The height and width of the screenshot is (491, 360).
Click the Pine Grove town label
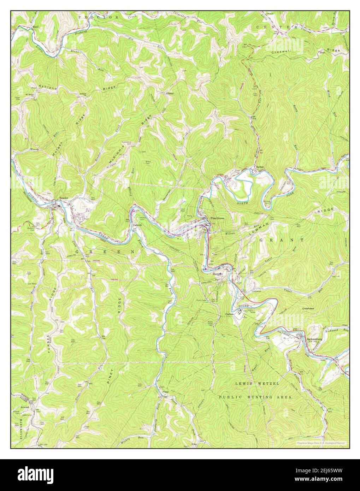tap(217, 218)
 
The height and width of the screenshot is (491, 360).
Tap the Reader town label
tap(63, 198)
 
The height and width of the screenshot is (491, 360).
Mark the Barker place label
tap(260, 167)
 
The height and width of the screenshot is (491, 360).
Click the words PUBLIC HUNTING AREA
tap(255, 397)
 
